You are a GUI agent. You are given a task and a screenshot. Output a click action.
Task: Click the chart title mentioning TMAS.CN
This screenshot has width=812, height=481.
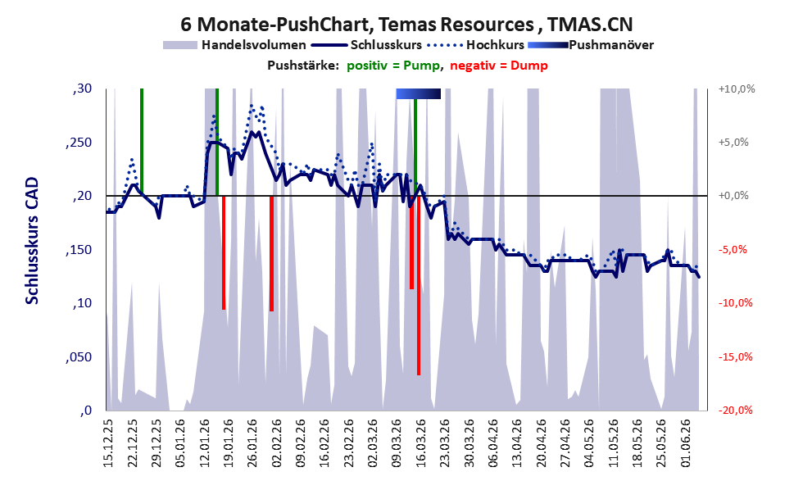click(406, 24)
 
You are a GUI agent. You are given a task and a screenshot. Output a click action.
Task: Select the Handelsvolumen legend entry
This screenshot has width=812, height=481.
click(234, 45)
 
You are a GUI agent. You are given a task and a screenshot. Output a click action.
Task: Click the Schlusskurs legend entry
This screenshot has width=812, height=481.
click(366, 45)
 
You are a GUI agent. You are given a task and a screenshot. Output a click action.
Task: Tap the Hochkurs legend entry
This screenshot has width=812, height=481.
click(475, 45)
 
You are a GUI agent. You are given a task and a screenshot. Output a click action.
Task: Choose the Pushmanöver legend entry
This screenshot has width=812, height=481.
click(591, 45)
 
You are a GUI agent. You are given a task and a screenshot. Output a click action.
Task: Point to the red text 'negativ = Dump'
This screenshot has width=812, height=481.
click(499, 66)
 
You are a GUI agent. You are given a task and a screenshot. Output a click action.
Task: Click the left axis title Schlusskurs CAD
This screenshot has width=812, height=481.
click(32, 241)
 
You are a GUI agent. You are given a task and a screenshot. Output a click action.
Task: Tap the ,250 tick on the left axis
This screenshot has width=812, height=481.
click(79, 143)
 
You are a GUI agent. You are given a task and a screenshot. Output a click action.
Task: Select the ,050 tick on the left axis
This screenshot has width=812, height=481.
click(79, 356)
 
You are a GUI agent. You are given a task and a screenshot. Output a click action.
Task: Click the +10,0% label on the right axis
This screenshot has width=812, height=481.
click(737, 89)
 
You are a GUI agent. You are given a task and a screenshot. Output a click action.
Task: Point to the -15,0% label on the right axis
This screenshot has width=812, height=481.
click(735, 356)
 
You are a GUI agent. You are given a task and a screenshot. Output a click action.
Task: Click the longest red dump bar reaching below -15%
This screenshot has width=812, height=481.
click(419, 285)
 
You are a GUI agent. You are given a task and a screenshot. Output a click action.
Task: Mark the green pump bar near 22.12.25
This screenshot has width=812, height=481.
click(142, 142)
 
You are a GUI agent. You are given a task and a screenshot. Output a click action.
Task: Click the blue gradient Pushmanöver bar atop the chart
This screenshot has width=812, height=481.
click(419, 93)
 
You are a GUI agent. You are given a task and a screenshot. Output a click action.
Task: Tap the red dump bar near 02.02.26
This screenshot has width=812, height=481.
click(271, 254)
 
